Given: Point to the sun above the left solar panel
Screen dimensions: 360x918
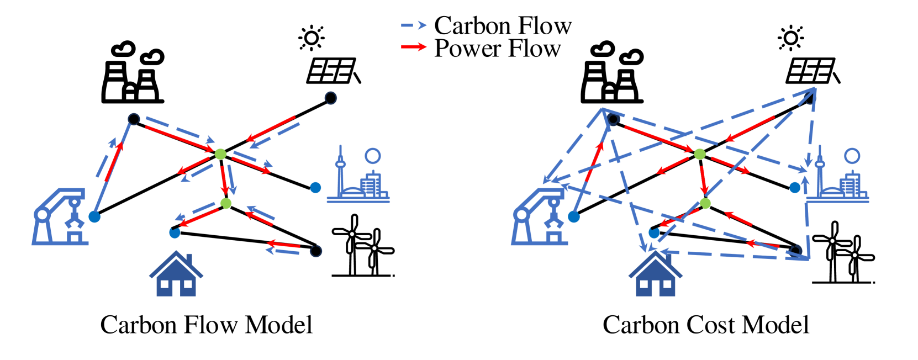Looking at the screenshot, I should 312,38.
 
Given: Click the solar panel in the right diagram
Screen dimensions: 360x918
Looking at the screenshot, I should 811,71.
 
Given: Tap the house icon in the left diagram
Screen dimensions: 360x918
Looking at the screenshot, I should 176,274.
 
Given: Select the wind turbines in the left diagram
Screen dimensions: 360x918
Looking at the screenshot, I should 362,246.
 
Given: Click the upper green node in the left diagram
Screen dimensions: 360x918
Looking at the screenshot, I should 220,154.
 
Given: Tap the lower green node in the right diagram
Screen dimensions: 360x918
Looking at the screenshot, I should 705,204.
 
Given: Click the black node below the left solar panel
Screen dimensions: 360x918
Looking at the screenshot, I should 330,98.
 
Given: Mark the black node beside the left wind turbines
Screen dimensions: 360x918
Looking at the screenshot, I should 316,251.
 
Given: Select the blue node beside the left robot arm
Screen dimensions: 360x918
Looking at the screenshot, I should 94,216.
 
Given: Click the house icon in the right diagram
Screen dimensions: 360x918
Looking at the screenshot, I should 656,274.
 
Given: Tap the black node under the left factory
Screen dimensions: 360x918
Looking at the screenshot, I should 133,119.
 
